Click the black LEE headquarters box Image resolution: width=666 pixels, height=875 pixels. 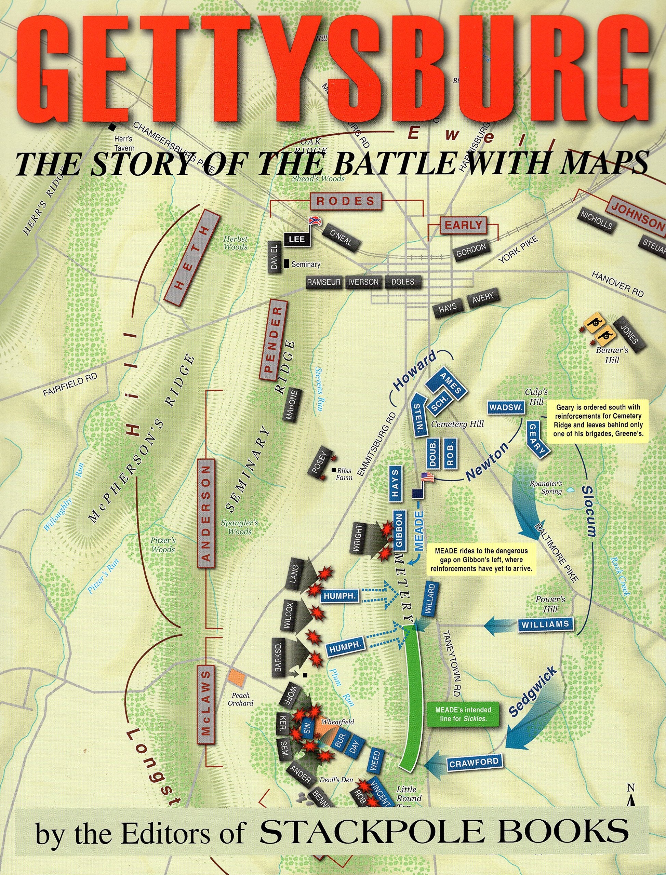coord(297,239)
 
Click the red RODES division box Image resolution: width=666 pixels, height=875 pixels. coord(345,201)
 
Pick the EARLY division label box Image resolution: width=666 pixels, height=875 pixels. coord(463,225)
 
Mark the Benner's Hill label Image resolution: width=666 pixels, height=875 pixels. coord(607,355)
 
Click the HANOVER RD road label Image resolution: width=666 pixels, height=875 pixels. coord(617,284)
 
